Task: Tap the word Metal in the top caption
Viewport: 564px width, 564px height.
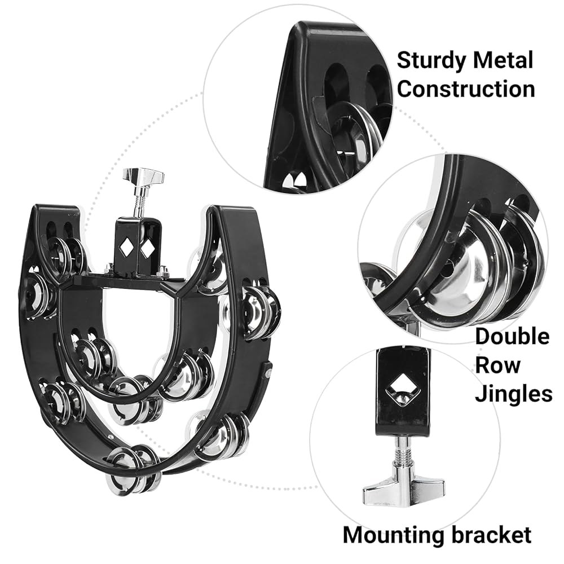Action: point(503,60)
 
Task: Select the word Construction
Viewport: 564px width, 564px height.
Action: point(466,89)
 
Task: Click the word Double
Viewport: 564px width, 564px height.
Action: point(512,337)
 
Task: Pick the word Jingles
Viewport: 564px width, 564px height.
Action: point(514,394)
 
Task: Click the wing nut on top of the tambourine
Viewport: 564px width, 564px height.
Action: point(143,176)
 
